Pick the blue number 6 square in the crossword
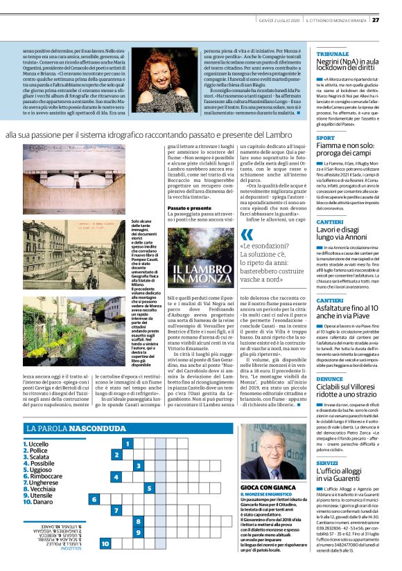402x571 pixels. [x=94, y=498]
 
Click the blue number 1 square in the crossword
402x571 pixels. [x=128, y=442]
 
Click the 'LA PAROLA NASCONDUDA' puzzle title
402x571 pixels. [x=69, y=428]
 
